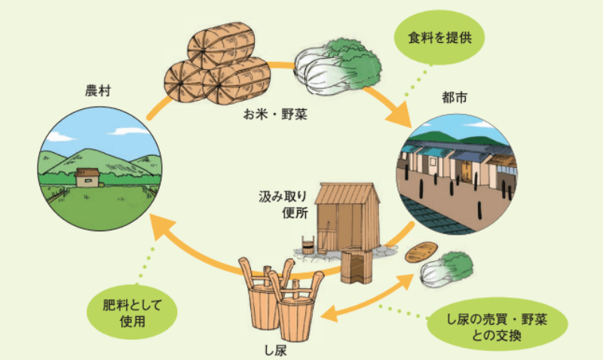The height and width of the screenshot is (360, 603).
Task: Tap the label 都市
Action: pos(455,99)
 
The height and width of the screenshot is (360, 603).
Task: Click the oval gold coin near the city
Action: pos(418,252)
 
